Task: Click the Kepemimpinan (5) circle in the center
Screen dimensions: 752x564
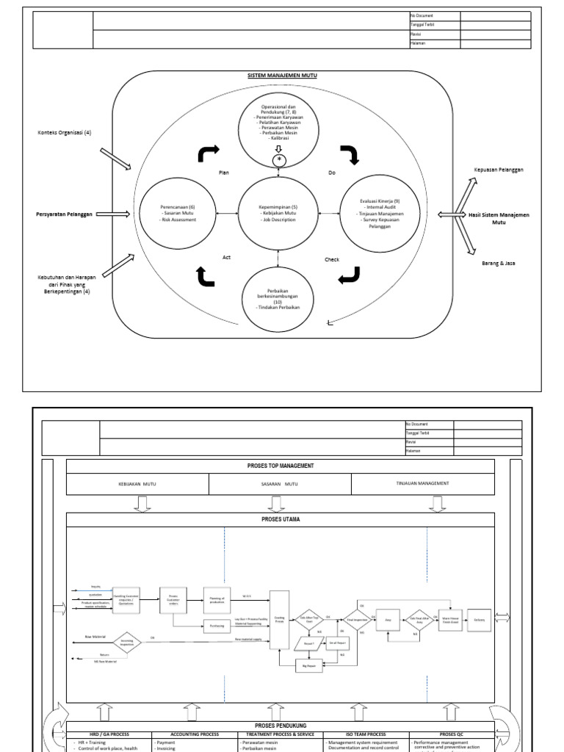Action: [x=279, y=213]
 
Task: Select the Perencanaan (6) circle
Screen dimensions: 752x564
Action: [x=177, y=213]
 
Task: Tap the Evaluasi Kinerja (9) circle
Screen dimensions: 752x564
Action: [x=380, y=213]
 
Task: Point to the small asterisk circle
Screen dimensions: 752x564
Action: [x=279, y=160]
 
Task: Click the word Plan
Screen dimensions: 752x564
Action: [x=225, y=173]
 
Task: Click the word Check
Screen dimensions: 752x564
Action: [x=332, y=259]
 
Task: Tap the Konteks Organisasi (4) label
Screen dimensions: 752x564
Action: [x=65, y=133]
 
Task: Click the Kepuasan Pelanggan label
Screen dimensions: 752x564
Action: [x=499, y=170]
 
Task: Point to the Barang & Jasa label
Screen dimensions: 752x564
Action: [x=499, y=263]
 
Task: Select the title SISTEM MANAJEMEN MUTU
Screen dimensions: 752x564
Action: [x=281, y=76]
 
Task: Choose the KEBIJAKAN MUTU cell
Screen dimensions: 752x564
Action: [x=138, y=485]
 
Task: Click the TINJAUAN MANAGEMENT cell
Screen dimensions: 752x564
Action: [x=424, y=484]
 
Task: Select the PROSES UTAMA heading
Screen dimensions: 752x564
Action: [x=281, y=519]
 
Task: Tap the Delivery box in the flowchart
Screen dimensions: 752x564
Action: [x=479, y=619]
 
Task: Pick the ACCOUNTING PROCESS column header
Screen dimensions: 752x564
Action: [x=194, y=734]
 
